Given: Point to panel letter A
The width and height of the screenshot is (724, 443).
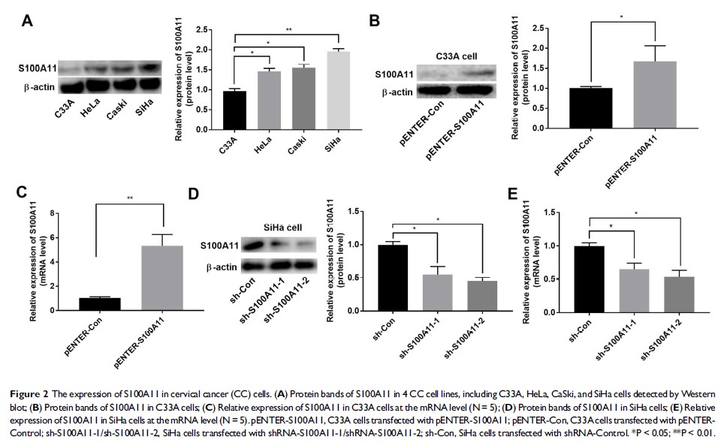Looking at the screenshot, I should tap(27, 20).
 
